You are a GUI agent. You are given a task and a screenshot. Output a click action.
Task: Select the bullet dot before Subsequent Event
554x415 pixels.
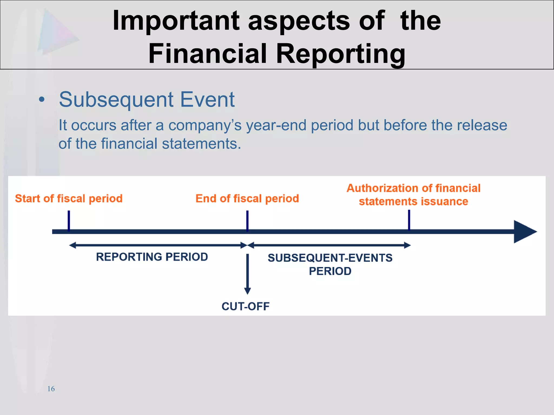click(x=41, y=100)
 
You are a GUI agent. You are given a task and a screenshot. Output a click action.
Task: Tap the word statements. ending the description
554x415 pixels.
click(x=201, y=144)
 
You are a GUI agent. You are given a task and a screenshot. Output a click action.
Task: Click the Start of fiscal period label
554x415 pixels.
click(x=69, y=199)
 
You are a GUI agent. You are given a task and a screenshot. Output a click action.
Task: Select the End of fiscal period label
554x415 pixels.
click(x=247, y=199)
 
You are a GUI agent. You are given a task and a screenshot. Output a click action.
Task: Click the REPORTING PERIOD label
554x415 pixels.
click(x=152, y=257)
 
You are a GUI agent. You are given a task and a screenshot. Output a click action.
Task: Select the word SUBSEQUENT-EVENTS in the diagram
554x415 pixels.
click(x=330, y=258)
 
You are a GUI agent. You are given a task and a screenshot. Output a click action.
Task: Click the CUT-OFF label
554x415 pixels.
click(x=246, y=306)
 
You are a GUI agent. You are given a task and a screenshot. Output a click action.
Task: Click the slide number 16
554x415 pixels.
click(x=51, y=389)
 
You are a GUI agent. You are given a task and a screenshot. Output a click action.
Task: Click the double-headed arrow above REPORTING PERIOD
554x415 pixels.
click(x=158, y=245)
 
